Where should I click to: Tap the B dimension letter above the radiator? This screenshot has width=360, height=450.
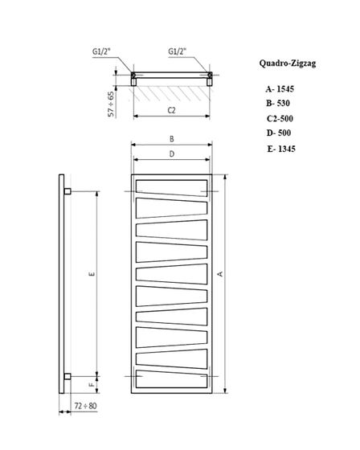click(172, 138)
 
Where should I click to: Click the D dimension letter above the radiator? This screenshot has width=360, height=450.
click(172, 153)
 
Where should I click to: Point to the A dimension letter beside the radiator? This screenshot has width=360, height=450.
click(219, 274)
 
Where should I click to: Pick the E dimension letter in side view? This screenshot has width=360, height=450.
click(92, 275)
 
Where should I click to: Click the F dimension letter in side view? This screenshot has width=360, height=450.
click(92, 385)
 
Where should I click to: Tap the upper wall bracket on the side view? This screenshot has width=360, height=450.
click(67, 191)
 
